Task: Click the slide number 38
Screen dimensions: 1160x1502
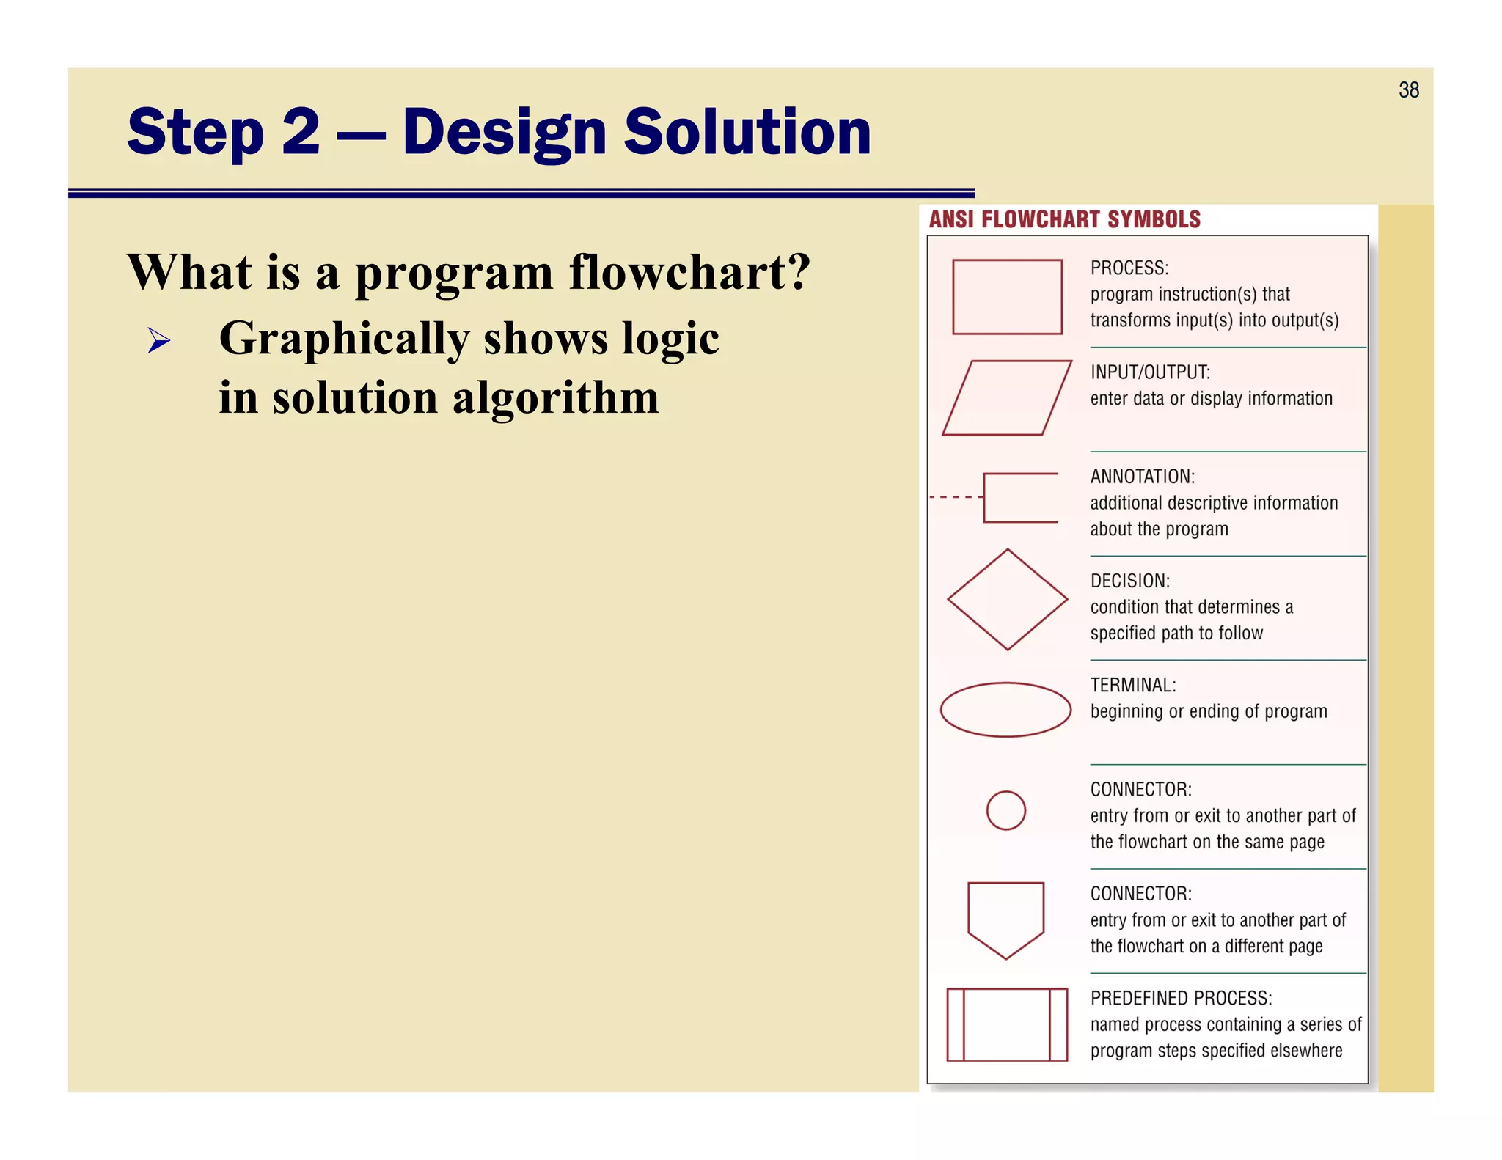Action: point(1408,90)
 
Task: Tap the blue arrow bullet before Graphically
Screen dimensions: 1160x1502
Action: point(158,340)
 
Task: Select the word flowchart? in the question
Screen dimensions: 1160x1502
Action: point(689,273)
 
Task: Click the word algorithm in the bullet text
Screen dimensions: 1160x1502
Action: point(555,398)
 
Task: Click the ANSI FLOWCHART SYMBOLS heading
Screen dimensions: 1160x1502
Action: point(1064,219)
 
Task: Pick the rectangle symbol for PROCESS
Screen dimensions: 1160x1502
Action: point(1007,297)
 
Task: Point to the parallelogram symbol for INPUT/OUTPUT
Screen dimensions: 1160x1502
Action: point(1007,398)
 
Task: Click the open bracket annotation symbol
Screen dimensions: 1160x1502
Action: point(1019,498)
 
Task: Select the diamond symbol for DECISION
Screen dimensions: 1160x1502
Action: point(1007,600)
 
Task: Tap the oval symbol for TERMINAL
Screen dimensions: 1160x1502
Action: point(1005,710)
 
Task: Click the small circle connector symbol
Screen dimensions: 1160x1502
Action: point(1005,810)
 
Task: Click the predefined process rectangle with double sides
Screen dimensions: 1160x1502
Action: point(1006,1024)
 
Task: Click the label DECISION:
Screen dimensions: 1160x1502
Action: point(1129,581)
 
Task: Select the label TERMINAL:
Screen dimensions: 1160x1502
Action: point(1132,686)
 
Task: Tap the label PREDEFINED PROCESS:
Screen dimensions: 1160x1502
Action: point(1181,999)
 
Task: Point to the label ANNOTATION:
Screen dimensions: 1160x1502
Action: point(1142,477)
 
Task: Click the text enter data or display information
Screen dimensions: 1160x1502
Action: point(1211,399)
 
